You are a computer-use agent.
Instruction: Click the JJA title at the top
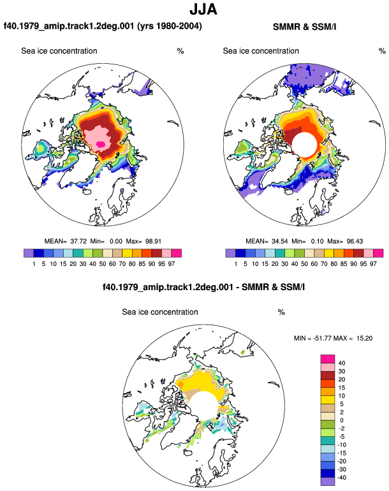203,9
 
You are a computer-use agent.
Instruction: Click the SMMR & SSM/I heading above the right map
304,27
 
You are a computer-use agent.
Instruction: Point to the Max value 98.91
153,241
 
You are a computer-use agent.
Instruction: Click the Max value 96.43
355,241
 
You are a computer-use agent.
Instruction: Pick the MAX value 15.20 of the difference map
364,338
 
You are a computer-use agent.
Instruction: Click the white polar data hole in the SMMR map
305,145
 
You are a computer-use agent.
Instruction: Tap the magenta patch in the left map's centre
101,144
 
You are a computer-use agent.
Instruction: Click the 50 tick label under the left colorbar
103,264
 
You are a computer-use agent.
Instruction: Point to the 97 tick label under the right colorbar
373,264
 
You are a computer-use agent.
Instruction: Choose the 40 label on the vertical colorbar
342,363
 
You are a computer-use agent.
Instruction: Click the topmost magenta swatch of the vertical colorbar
328,359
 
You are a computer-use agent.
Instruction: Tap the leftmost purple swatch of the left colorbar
29,253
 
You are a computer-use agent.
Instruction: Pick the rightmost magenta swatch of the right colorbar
378,253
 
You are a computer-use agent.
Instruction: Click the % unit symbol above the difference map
281,312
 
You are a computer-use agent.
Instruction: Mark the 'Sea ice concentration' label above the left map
59,51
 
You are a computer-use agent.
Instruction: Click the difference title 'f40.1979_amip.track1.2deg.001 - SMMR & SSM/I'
204,287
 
